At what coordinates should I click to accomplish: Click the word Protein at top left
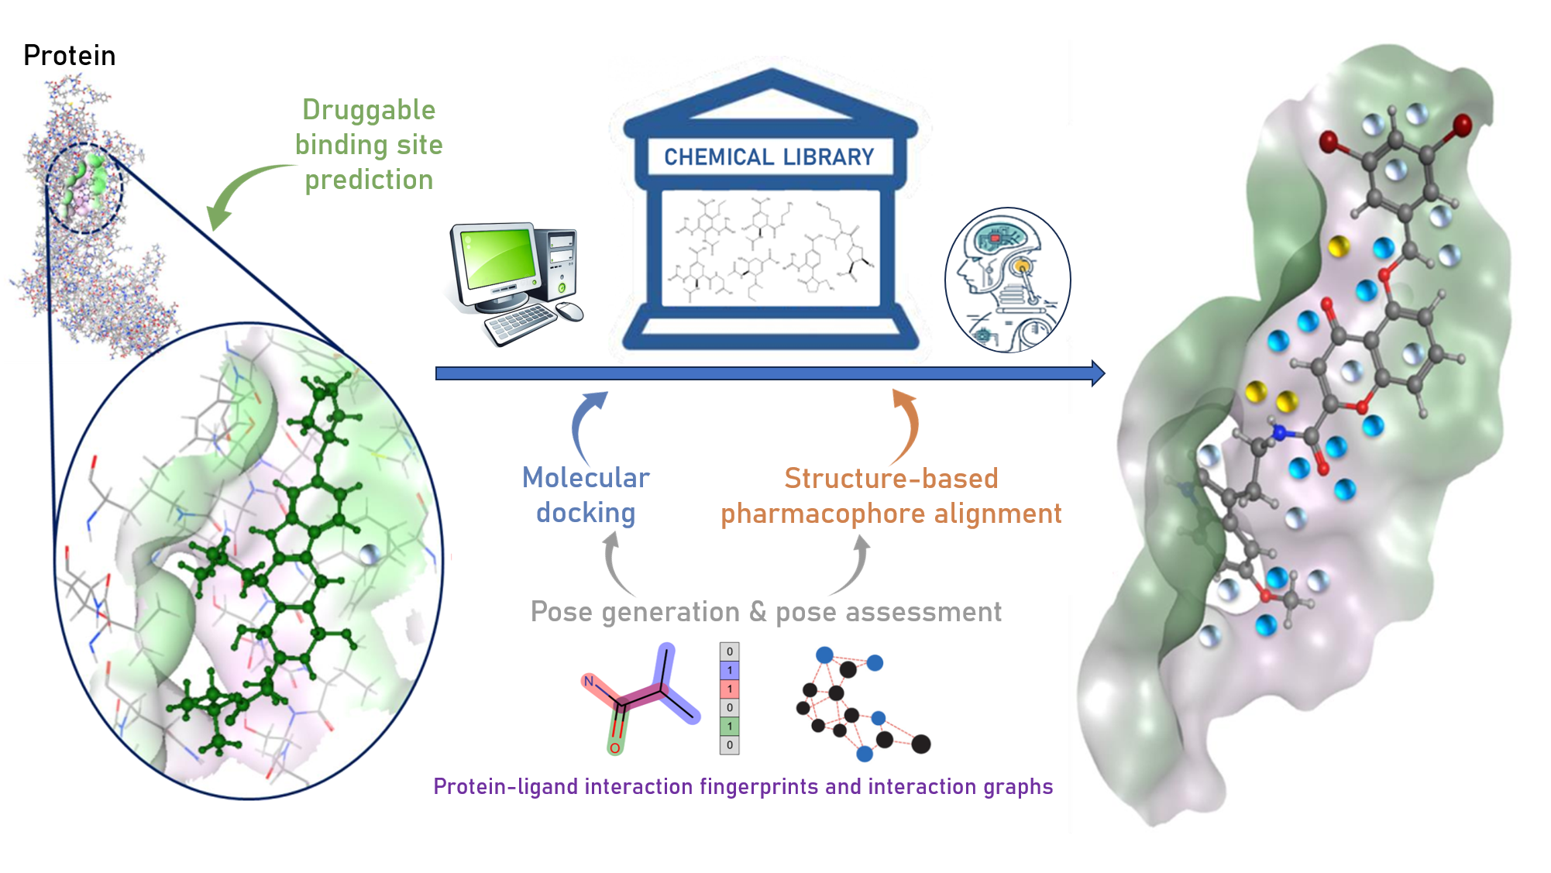point(69,56)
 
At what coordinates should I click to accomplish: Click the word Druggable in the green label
point(369,110)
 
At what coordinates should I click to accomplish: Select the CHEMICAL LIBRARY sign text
point(769,157)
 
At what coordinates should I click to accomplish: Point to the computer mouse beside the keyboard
point(570,311)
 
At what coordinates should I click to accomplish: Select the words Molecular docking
point(586,495)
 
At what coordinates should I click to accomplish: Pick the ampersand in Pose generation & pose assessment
point(758,612)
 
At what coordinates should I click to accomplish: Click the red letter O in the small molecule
point(614,748)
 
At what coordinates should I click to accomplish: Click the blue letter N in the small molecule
point(589,682)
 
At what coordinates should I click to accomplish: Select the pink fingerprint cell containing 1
point(729,689)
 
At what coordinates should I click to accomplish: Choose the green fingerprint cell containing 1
point(729,726)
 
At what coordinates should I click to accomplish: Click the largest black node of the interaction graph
point(920,744)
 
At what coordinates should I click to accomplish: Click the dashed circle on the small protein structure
point(84,188)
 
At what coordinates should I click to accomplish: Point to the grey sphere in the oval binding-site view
point(370,555)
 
